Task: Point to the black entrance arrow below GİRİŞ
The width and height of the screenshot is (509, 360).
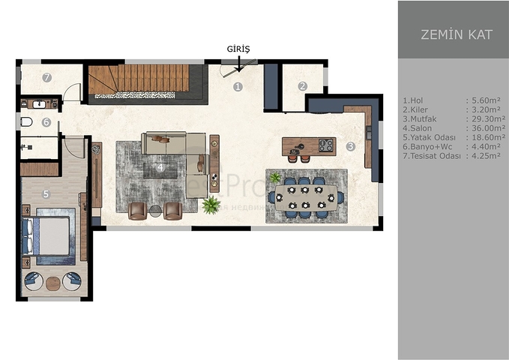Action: click(x=238, y=64)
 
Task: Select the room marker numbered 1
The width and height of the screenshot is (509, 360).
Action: click(x=238, y=86)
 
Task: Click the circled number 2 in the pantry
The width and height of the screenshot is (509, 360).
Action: click(x=302, y=86)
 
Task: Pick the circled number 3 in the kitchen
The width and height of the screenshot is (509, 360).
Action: click(x=350, y=146)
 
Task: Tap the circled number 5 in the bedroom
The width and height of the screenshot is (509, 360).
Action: click(x=46, y=193)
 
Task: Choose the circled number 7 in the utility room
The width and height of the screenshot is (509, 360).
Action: click(x=46, y=77)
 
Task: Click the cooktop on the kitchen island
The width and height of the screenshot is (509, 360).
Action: click(x=327, y=145)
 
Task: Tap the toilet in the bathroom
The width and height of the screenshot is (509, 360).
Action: click(x=25, y=122)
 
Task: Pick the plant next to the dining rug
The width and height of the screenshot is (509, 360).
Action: click(x=275, y=178)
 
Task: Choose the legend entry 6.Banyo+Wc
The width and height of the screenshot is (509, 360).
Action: click(x=426, y=148)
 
